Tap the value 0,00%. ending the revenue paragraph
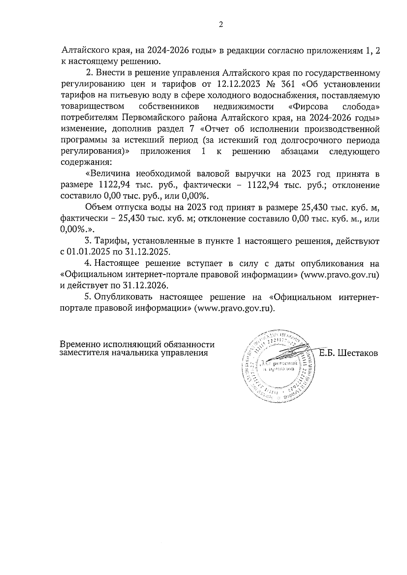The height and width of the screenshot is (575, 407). coord(196,196)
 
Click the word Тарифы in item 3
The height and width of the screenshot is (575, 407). coord(111,241)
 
